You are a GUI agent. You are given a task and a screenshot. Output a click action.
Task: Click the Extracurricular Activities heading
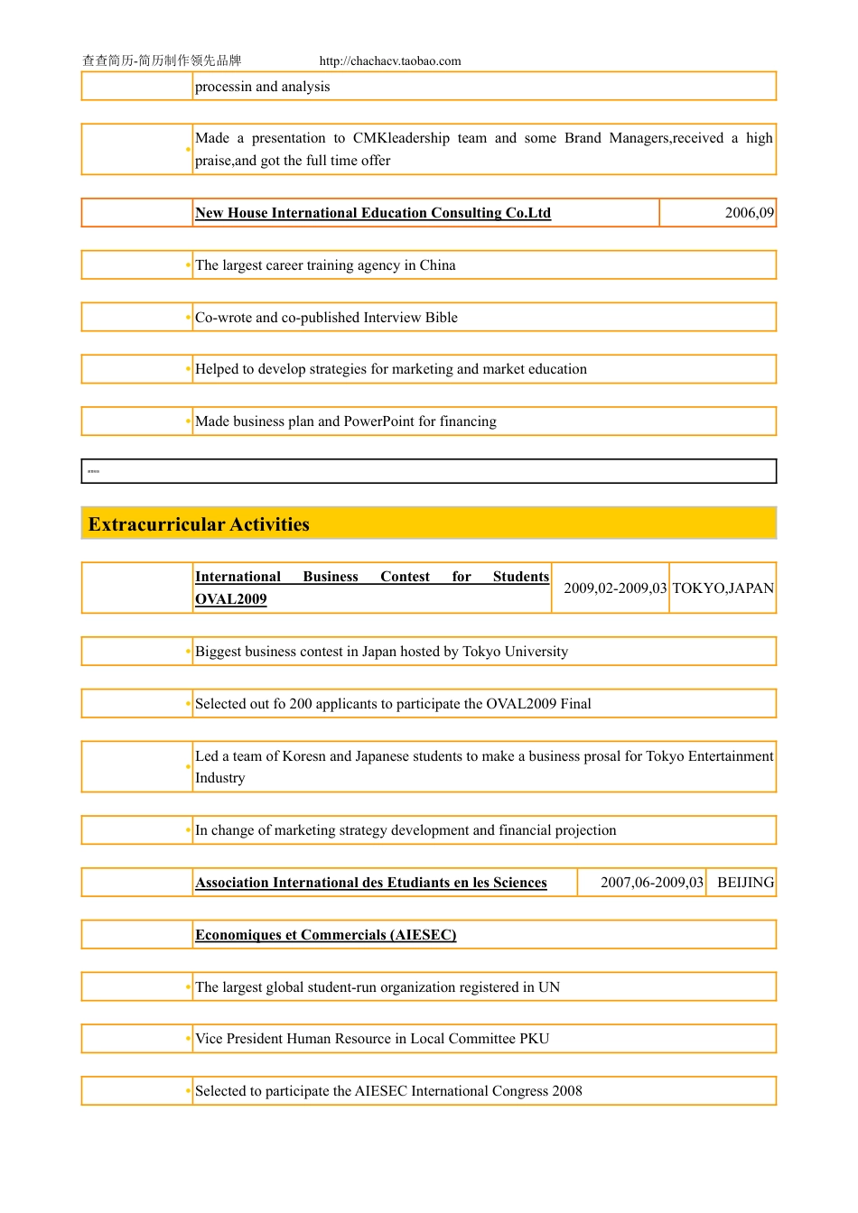[x=199, y=524]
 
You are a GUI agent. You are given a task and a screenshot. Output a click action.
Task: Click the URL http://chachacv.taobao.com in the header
[x=390, y=61]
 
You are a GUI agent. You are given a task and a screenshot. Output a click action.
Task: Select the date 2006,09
[x=749, y=213]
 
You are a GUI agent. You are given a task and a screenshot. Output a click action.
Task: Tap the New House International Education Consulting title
[x=372, y=213]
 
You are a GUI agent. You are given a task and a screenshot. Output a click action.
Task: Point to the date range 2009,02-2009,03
[x=615, y=588]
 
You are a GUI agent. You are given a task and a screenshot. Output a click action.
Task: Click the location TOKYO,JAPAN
[x=723, y=588]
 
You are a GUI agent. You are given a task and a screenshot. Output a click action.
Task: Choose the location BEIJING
[x=745, y=883]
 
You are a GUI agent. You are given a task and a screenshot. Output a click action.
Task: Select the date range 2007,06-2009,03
[x=651, y=883]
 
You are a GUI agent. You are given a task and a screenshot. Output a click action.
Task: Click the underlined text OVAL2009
[x=230, y=599]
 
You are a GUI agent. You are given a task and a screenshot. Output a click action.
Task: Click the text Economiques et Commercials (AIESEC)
[x=325, y=935]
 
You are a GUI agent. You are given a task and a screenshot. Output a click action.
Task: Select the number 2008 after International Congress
[x=567, y=1091]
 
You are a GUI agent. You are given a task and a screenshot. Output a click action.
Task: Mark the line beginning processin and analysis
[x=262, y=87]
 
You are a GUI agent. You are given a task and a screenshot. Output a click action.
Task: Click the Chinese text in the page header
[x=162, y=60]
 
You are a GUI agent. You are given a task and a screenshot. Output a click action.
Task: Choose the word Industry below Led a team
[x=219, y=778]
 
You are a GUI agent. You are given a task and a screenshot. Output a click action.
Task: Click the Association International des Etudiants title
[x=370, y=883]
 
